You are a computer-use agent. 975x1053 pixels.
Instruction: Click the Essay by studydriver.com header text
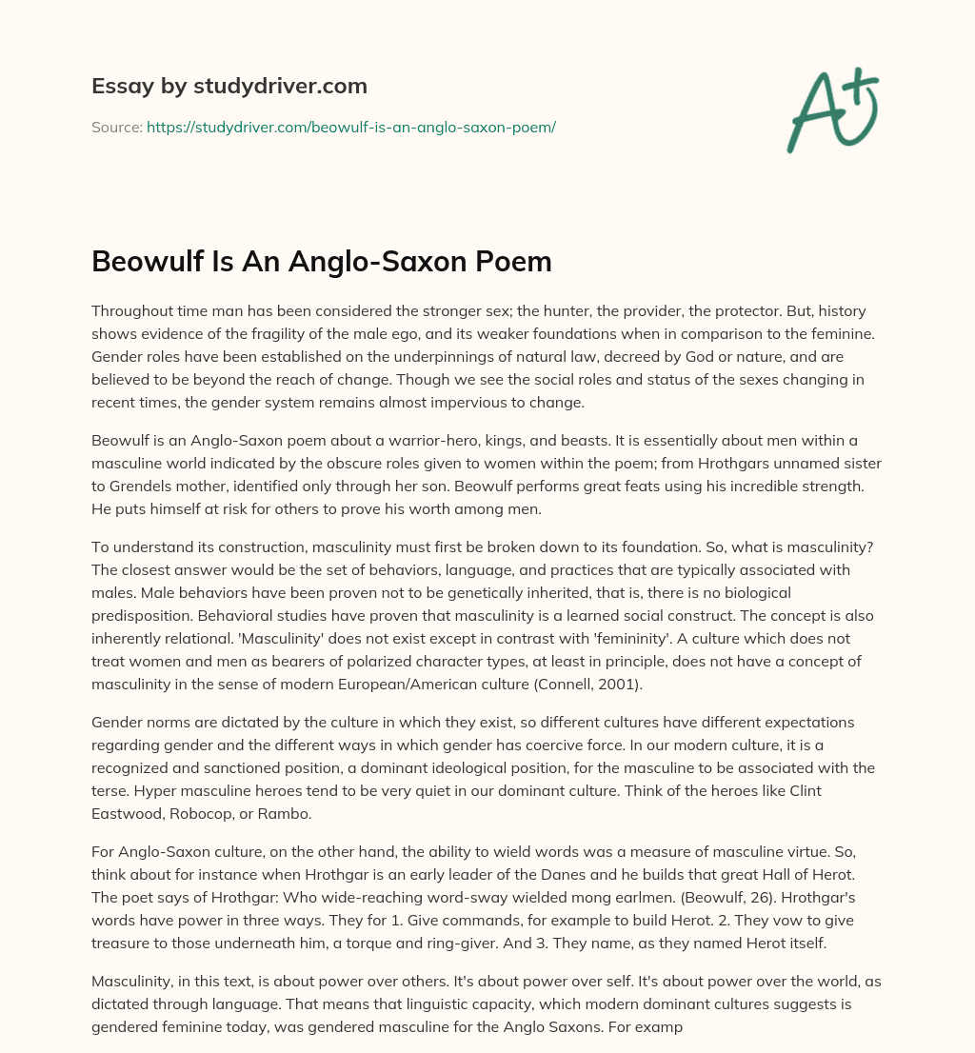[229, 87]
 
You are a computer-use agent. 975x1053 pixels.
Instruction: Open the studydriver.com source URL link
[350, 127]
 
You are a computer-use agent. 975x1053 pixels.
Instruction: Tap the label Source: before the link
[116, 127]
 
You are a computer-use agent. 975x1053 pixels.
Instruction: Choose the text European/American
[527, 684]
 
